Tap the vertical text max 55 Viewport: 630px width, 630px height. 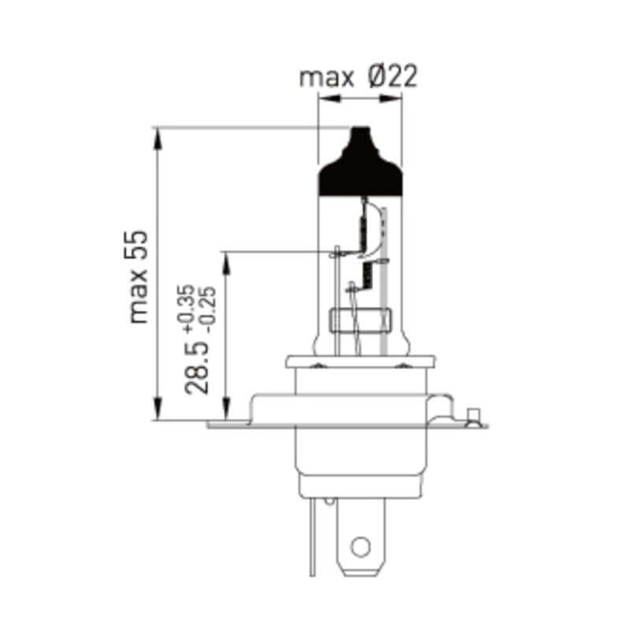(139, 276)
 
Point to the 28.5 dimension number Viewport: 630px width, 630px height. (197, 368)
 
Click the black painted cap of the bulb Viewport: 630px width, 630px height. (359, 169)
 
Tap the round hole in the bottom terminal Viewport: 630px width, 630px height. (360, 546)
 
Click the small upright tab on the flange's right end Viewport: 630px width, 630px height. (472, 415)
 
